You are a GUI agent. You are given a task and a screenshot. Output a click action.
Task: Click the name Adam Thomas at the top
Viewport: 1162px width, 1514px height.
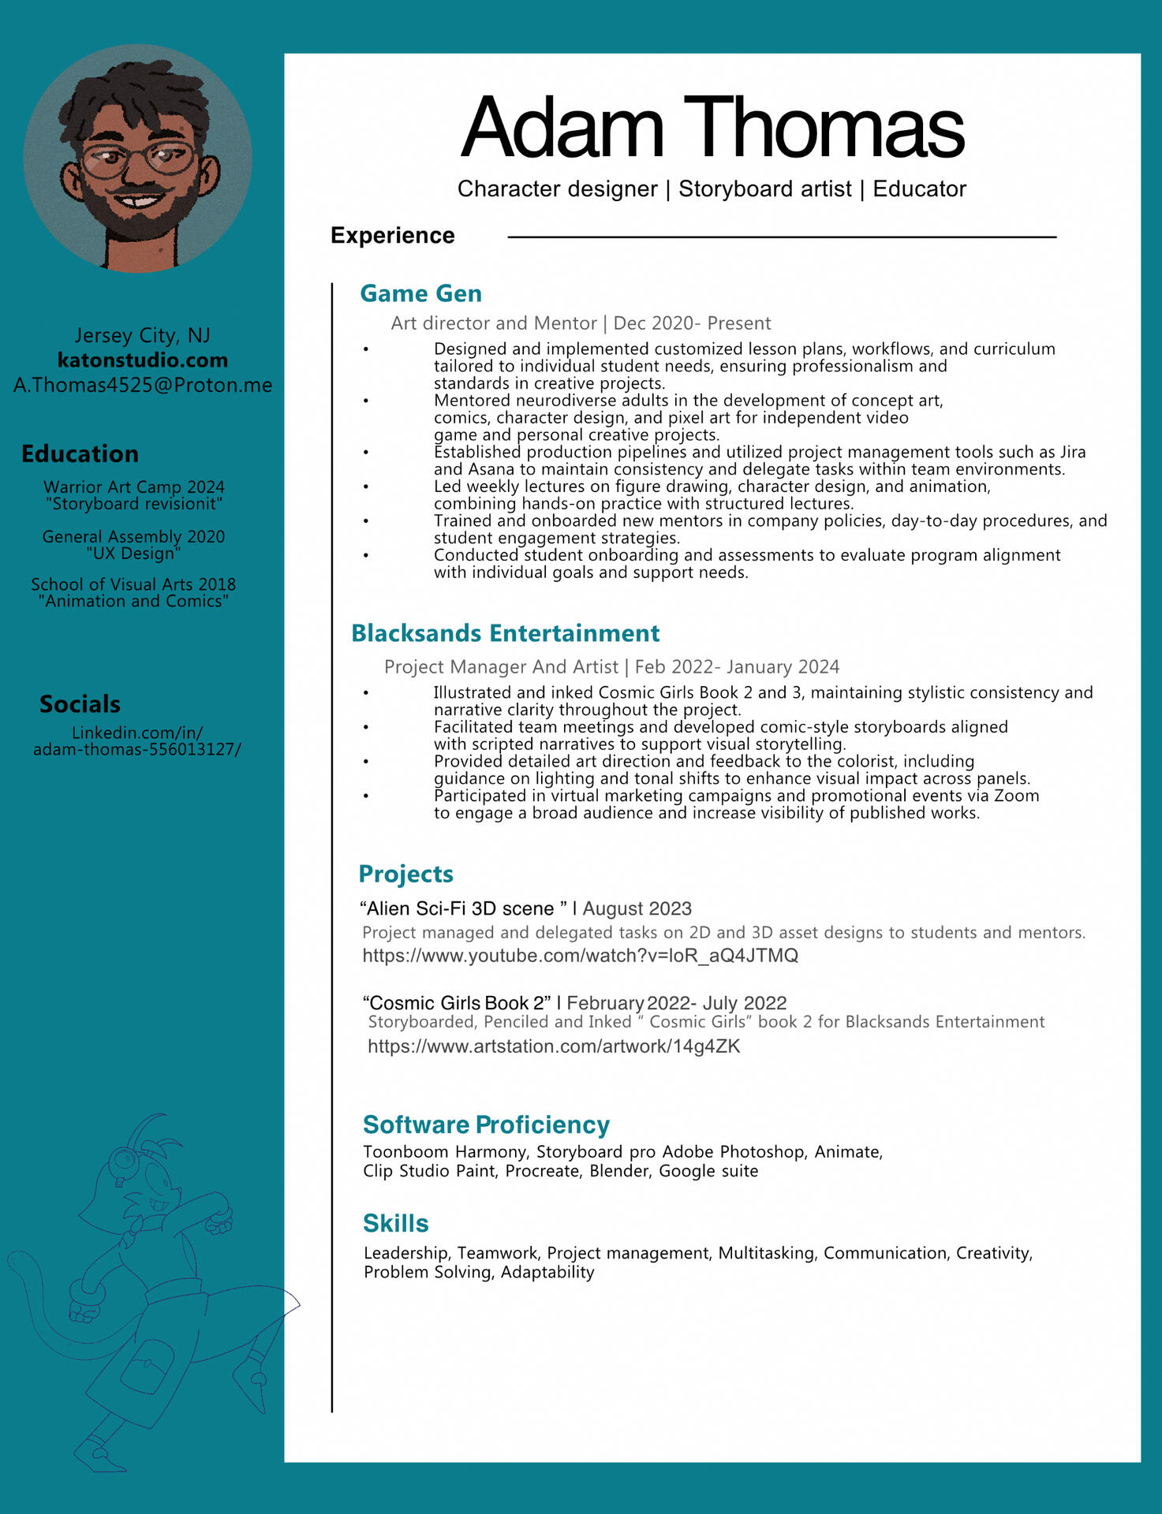pyautogui.click(x=712, y=128)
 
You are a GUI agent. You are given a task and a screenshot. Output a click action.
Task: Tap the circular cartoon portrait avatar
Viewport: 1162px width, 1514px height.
pyautogui.click(x=137, y=158)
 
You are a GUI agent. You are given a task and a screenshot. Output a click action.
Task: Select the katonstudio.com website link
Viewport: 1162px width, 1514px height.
pyautogui.click(x=143, y=360)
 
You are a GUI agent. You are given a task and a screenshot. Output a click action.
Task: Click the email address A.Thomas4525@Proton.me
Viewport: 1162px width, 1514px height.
pyautogui.click(x=143, y=385)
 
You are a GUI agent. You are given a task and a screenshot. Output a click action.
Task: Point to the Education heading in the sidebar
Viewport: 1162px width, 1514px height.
pyautogui.click(x=80, y=454)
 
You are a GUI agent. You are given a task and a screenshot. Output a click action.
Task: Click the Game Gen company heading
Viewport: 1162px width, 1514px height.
pyautogui.click(x=420, y=293)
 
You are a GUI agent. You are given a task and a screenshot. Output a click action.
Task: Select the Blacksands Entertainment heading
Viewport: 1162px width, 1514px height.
pyautogui.click(x=505, y=633)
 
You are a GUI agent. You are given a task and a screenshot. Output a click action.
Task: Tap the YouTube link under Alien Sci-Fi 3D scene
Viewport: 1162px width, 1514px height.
pyautogui.click(x=580, y=956)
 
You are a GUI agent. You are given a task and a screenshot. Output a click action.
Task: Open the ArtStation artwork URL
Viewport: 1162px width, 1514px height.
pyautogui.click(x=554, y=1046)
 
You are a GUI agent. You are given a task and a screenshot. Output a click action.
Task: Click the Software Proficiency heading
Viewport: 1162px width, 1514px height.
pyautogui.click(x=486, y=1124)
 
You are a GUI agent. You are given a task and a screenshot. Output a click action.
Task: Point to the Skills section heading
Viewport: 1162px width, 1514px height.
pyautogui.click(x=395, y=1223)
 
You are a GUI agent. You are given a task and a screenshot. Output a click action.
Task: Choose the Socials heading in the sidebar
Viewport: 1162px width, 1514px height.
pyautogui.click(x=80, y=704)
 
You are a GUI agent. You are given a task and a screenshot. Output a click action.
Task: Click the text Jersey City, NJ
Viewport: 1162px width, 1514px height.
pyautogui.click(x=143, y=335)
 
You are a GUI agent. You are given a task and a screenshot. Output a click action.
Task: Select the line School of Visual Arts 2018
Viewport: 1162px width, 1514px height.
pyautogui.click(x=133, y=584)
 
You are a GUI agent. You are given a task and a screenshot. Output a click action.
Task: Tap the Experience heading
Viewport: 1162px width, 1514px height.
pyautogui.click(x=392, y=236)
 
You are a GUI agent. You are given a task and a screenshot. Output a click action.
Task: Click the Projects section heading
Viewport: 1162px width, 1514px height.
pyautogui.click(x=405, y=874)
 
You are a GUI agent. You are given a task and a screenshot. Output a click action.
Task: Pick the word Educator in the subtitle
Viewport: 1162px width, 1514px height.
pyautogui.click(x=919, y=189)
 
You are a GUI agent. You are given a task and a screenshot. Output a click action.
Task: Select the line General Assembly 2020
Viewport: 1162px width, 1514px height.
pyautogui.click(x=133, y=537)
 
